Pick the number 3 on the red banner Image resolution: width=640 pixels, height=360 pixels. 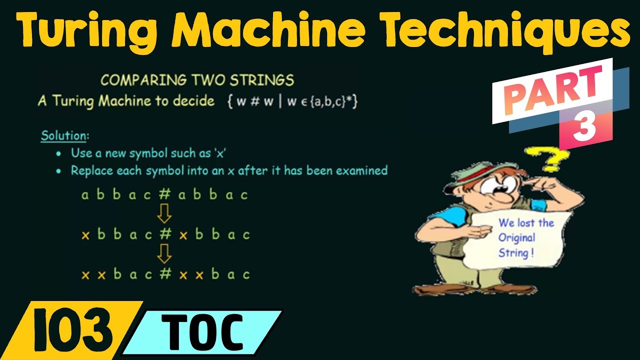[584, 129]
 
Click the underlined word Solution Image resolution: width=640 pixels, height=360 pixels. [63, 135]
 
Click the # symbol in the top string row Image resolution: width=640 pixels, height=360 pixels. [164, 194]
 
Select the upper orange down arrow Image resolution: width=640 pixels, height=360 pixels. [164, 214]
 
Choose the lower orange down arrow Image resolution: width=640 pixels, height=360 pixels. [164, 254]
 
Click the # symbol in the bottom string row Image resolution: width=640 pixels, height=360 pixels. [165, 274]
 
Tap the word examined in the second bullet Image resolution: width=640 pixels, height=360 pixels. [361, 170]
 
